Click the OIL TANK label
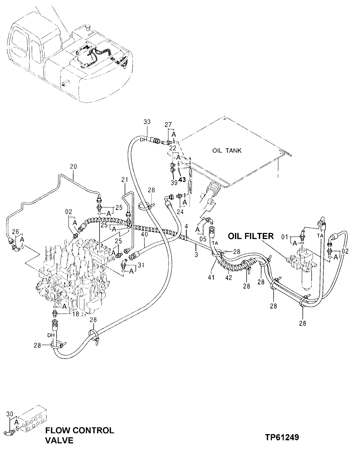coord(227,151)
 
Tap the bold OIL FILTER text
coord(250,236)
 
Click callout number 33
coord(147,122)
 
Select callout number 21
coord(125,180)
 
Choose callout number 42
coord(229,278)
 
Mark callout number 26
coord(15,231)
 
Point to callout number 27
coord(168,125)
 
